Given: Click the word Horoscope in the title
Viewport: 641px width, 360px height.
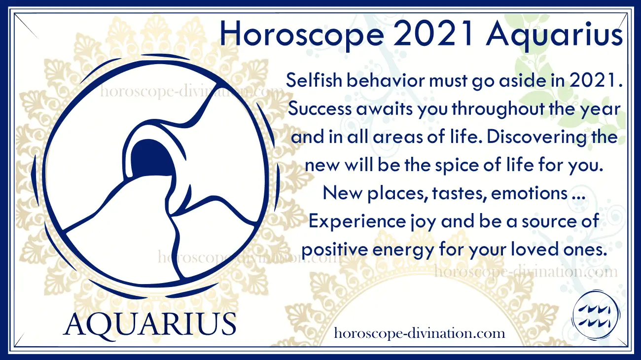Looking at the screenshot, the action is click(302, 35).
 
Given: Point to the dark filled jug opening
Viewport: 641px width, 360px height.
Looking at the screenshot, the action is click(152, 157).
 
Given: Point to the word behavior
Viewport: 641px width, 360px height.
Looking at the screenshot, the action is click(386, 80).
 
